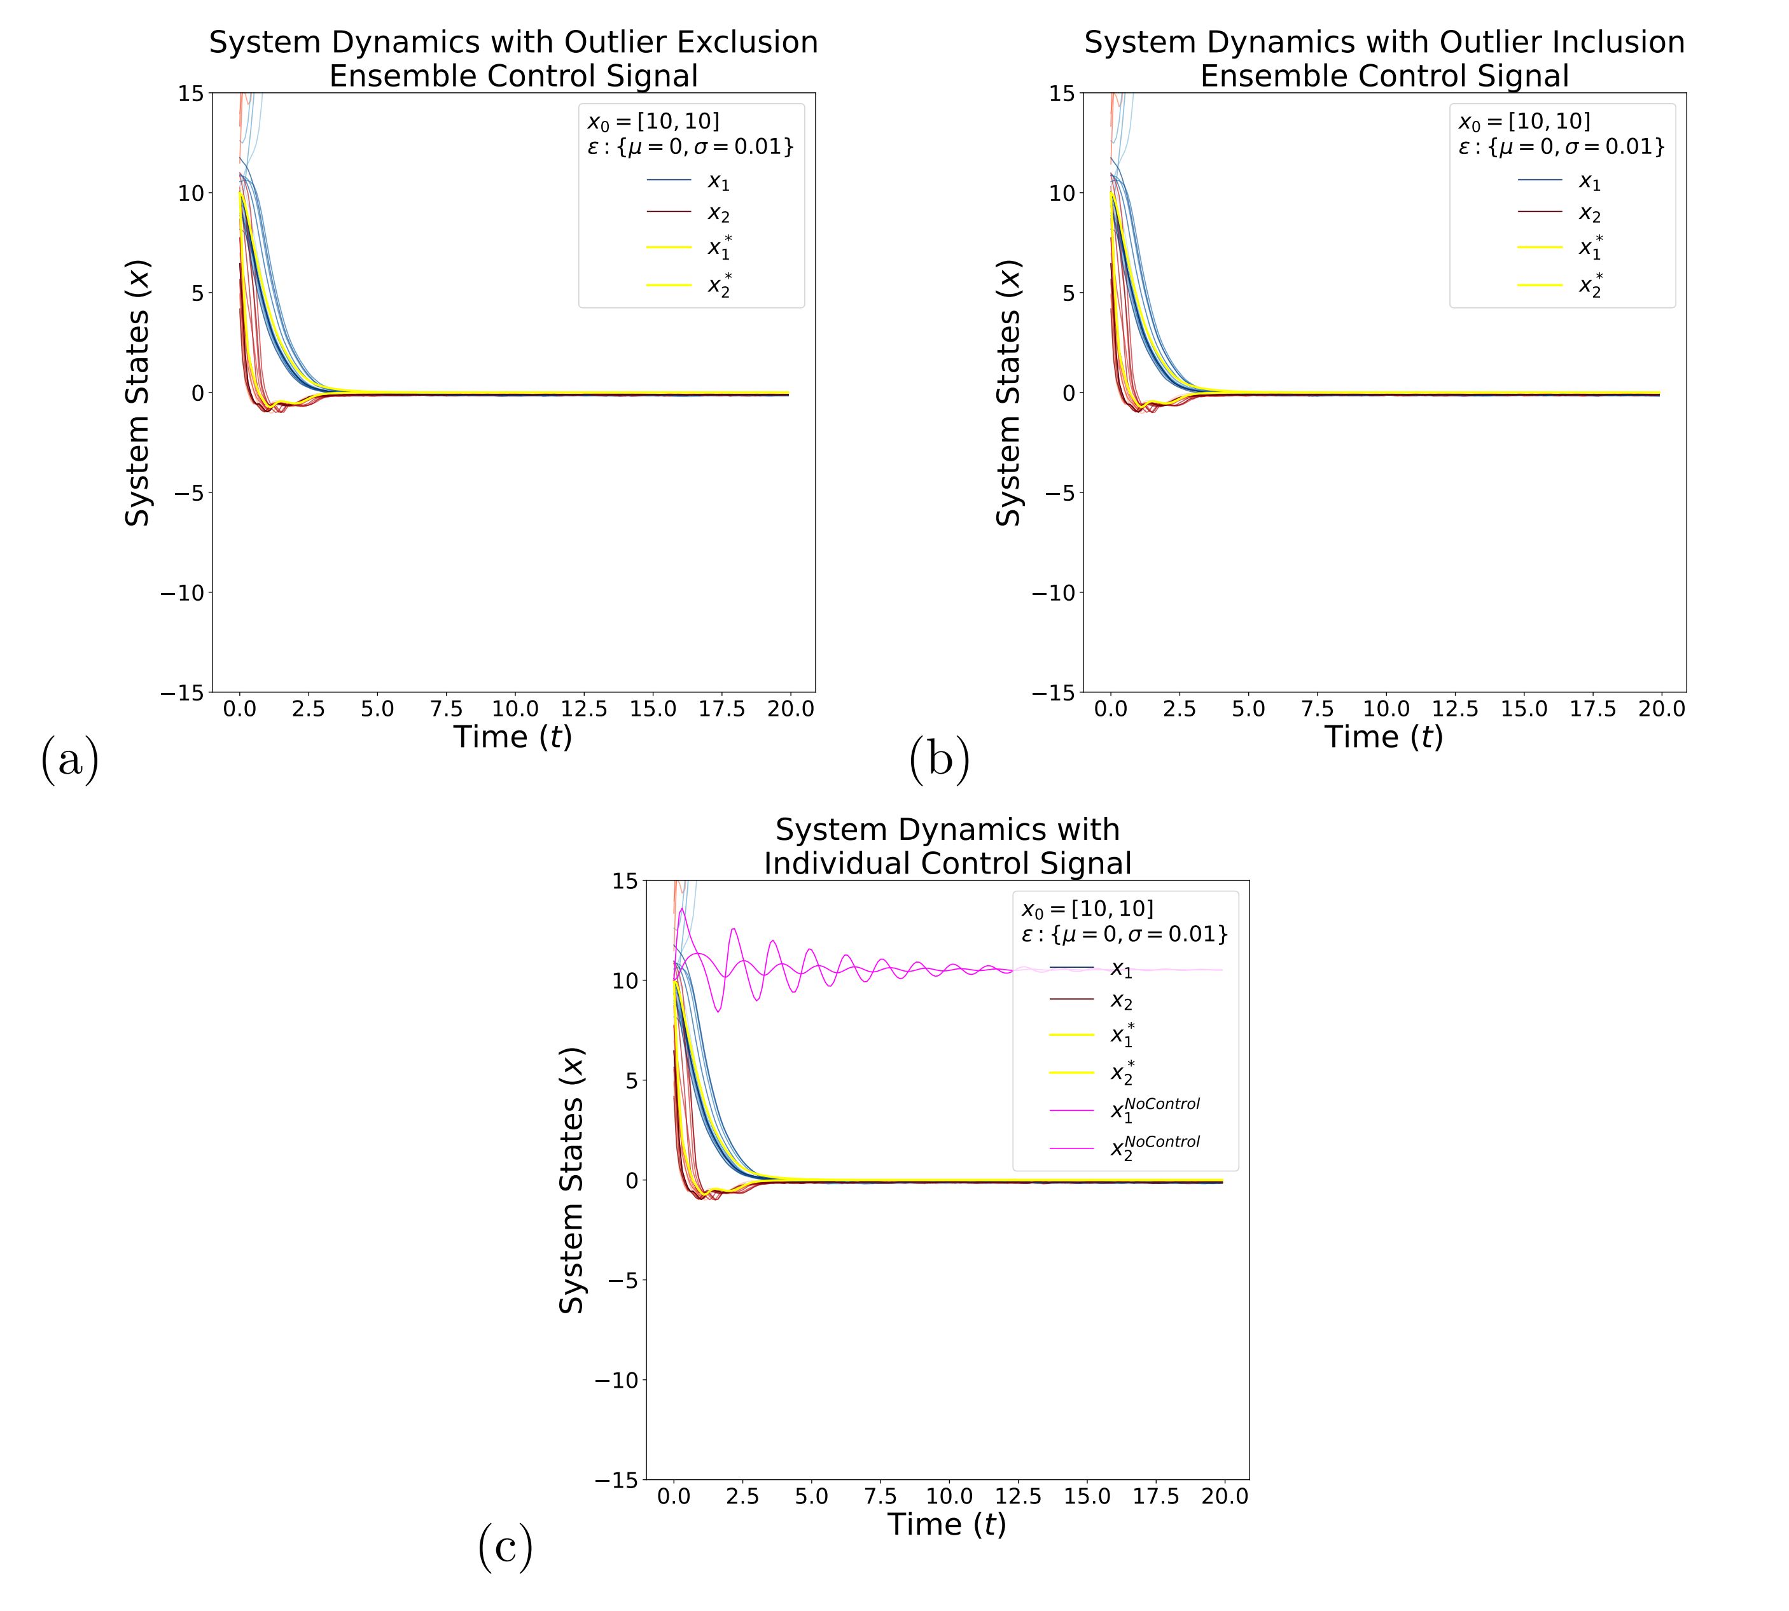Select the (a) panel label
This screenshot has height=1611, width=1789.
70,760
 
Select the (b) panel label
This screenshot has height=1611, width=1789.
939,760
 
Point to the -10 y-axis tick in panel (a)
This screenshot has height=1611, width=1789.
181,592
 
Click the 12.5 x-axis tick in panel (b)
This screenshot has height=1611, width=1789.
1455,709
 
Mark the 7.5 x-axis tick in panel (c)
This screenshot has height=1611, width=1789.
880,1496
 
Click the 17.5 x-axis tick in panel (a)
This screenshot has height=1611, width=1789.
722,709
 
